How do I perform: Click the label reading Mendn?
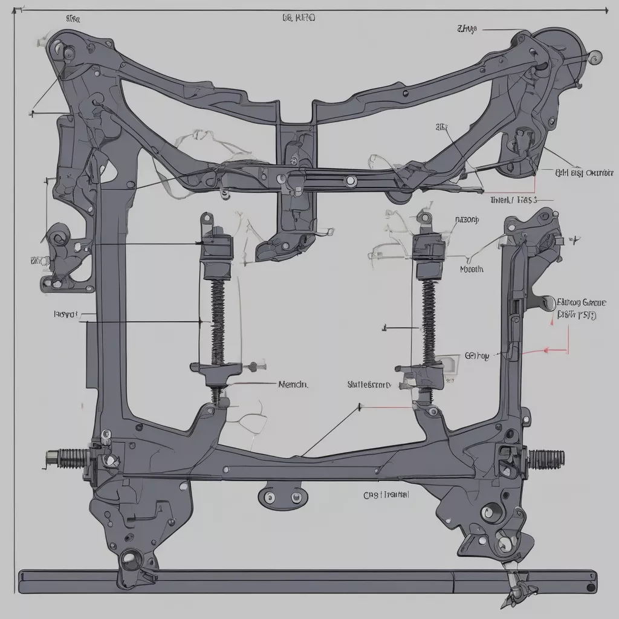(293, 384)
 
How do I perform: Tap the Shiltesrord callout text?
(369, 384)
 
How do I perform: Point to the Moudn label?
(472, 270)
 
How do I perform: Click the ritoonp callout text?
(466, 220)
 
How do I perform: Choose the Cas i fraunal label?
(386, 494)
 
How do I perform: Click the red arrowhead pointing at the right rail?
(547, 349)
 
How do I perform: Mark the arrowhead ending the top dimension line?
(605, 10)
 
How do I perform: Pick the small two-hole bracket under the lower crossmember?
(282, 497)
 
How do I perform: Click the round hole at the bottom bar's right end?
(589, 586)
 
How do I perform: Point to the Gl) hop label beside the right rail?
(476, 356)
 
